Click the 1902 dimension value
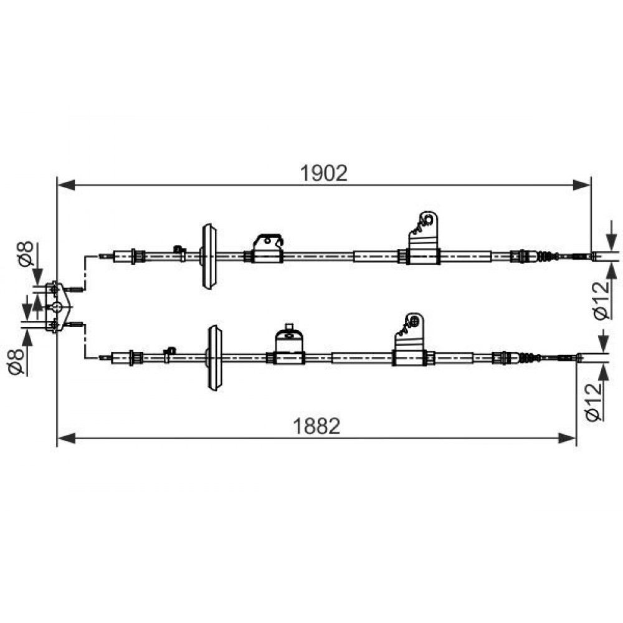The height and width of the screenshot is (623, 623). click(323, 173)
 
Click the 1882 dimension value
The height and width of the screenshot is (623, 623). click(316, 426)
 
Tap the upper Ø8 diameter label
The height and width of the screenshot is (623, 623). click(25, 254)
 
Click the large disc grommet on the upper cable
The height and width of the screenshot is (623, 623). click(209, 256)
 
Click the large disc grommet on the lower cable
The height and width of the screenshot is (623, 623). click(214, 358)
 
